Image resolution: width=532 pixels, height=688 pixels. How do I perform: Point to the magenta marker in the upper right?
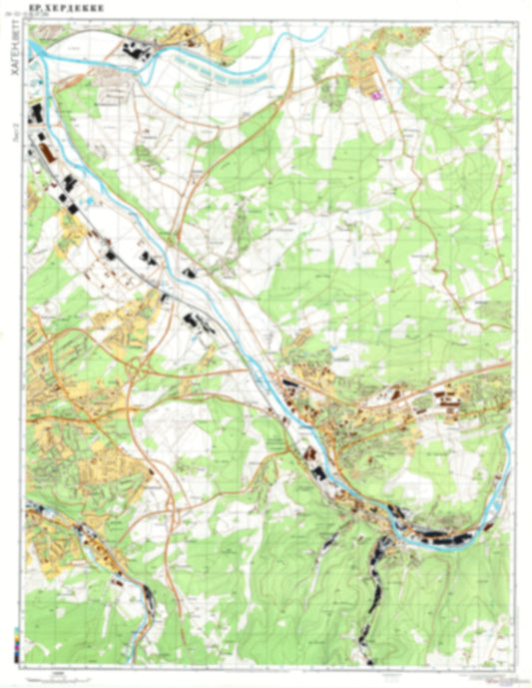click(377, 96)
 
